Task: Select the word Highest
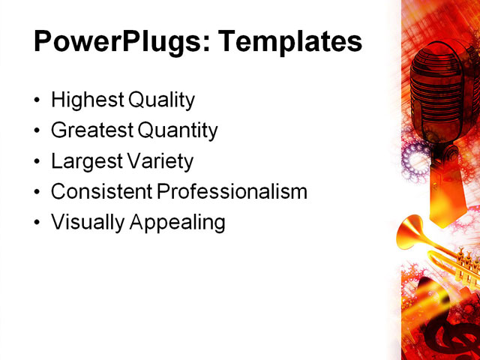[85, 100]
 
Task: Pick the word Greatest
[91, 130]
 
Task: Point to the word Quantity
[178, 130]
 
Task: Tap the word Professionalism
[232, 191]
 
